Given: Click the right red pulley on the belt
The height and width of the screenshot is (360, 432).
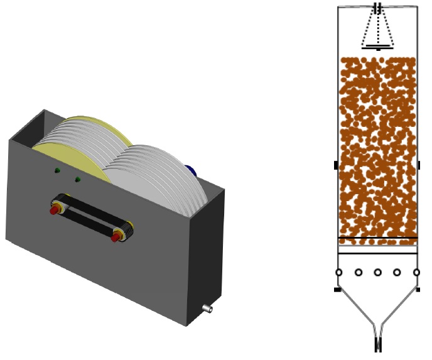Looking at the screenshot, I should coord(117,236).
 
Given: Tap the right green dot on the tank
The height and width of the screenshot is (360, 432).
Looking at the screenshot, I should coord(78,180).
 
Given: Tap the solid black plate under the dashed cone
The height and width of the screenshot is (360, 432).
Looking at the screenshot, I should coord(378,47).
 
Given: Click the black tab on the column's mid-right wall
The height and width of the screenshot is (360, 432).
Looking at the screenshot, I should coord(419,165).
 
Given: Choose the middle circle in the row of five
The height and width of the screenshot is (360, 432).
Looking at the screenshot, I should coord(378,273).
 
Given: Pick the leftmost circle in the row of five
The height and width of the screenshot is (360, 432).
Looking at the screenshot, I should coord(338,273).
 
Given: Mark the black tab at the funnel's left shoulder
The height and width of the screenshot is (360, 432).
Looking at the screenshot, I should coord(338,290).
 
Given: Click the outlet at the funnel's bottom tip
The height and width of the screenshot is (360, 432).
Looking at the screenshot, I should coord(378,345).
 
